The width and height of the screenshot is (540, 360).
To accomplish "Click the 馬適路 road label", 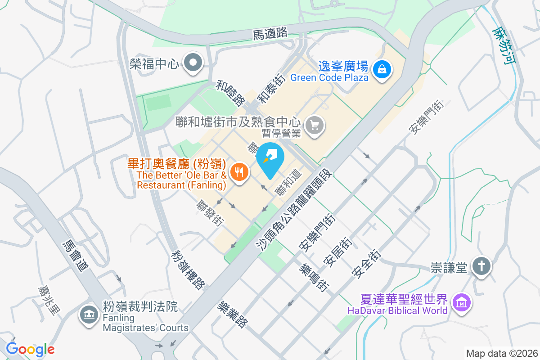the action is tap(270, 33).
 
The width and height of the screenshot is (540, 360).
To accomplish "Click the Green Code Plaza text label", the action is tap(329, 77).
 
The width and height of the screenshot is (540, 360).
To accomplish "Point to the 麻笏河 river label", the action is tap(503, 45).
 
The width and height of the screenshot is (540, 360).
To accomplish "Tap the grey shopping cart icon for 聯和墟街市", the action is tap(314, 125).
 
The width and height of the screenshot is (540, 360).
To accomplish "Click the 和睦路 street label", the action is tap(230, 93).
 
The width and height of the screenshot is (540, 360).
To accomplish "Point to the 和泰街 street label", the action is tap(271, 89).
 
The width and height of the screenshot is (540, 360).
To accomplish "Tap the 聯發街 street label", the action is tap(210, 213).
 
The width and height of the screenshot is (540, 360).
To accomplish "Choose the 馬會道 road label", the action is tap(75, 256).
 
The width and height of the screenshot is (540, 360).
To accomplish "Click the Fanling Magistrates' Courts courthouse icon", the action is tap(89, 315).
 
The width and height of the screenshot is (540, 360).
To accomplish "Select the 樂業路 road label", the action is tap(232, 314).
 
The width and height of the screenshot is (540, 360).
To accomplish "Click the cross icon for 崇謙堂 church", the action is tap(481, 267).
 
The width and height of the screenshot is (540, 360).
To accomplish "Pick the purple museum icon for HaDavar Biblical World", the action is tap(462, 304).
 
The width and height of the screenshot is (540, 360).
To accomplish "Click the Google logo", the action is tap(30, 349).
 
